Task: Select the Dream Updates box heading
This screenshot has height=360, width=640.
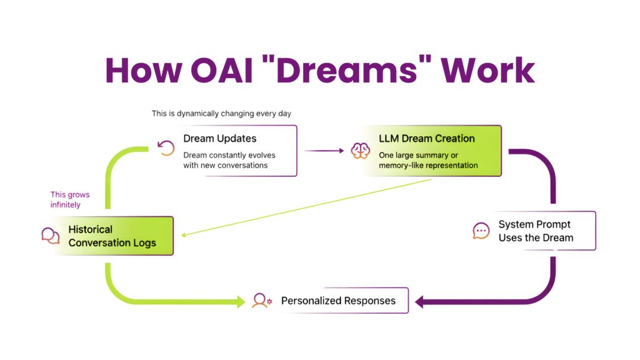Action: tap(219, 138)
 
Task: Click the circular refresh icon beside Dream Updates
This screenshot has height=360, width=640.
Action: tap(166, 147)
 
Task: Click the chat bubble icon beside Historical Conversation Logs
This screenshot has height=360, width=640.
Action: tap(49, 236)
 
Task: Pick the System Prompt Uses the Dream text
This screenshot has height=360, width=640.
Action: tap(536, 231)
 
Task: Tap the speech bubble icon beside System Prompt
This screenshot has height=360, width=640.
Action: tap(481, 231)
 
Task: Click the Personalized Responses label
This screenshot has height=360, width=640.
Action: tap(338, 301)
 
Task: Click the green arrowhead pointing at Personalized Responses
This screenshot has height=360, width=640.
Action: tap(241, 302)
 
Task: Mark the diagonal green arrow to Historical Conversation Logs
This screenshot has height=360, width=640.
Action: tap(306, 207)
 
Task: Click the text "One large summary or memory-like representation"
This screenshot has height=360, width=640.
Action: tap(428, 160)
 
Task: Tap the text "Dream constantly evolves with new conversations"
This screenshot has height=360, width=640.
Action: tap(229, 160)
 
